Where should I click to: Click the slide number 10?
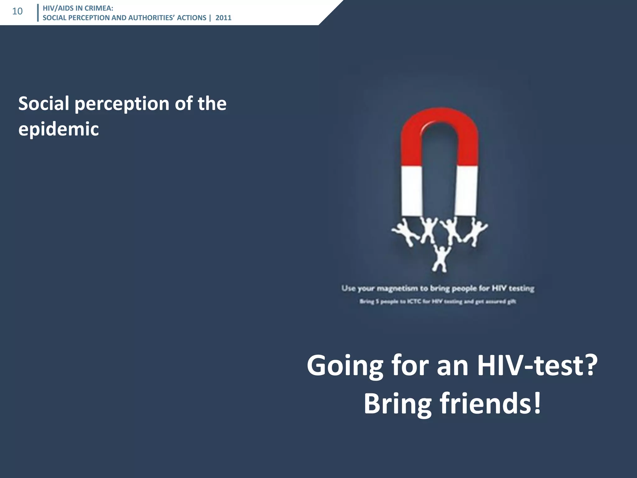point(17,12)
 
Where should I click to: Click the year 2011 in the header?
point(223,18)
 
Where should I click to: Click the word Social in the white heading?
point(44,103)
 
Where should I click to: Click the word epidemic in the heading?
point(58,129)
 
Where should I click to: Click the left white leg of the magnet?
point(411,190)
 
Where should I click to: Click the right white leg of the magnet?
point(467,190)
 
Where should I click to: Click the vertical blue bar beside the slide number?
point(38,13)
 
